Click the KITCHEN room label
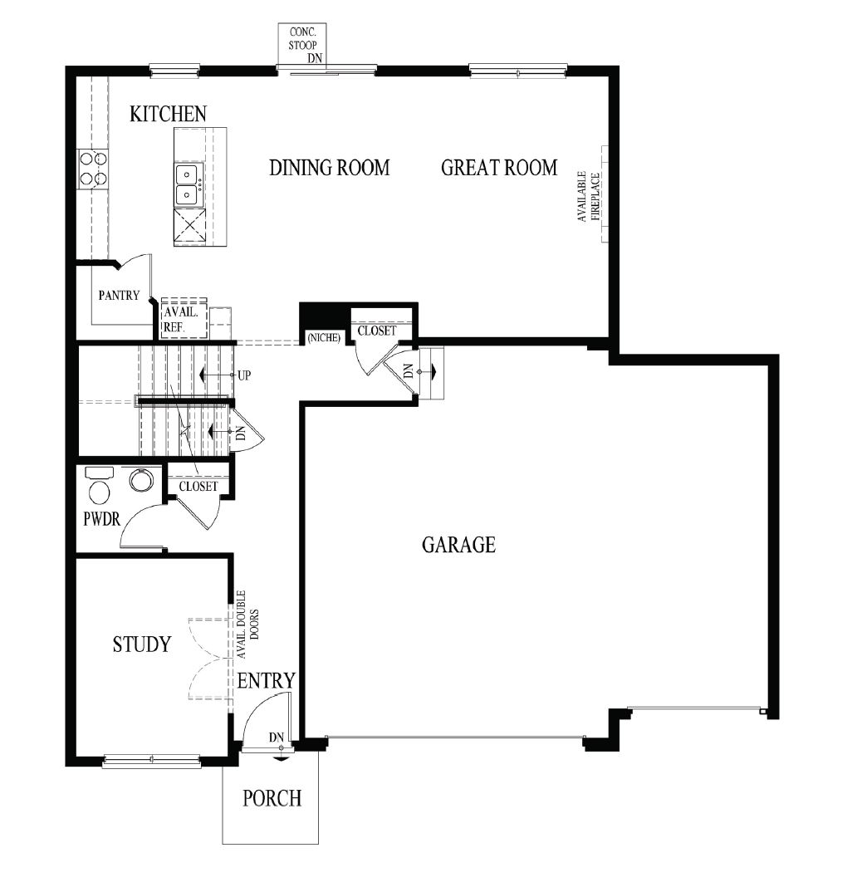(x=168, y=114)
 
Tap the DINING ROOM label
(x=329, y=168)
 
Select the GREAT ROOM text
(x=498, y=168)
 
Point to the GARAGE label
(x=458, y=545)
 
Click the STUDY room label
(x=142, y=644)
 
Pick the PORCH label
(x=272, y=798)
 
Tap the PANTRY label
(x=119, y=295)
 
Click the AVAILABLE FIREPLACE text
(x=589, y=196)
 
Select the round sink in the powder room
(x=141, y=480)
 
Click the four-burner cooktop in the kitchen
(x=92, y=168)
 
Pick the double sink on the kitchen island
(x=188, y=184)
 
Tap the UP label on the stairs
(x=243, y=375)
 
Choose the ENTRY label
(x=266, y=681)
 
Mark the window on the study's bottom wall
(x=151, y=759)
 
